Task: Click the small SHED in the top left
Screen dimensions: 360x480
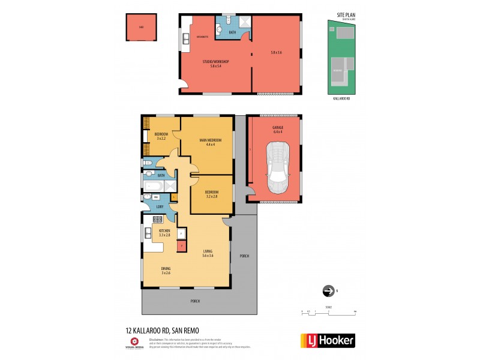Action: point(141,28)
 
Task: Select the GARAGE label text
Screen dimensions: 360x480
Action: point(277,128)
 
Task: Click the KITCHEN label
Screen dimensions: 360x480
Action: point(164,230)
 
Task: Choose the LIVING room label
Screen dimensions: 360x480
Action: point(208,252)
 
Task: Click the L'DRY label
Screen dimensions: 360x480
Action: point(160,207)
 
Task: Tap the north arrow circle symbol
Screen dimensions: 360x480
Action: point(328,291)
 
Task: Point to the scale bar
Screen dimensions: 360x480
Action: point(329,312)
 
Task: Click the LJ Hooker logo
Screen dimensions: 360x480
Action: point(327,340)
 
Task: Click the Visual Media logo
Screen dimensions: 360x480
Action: point(134,343)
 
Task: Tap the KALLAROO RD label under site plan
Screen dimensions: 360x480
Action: point(341,98)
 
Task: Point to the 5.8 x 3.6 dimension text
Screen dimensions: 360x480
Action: point(276,53)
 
